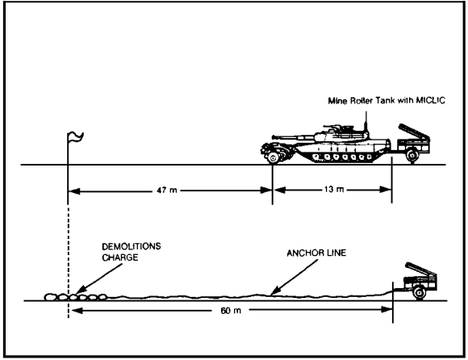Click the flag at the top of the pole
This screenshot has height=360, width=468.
[x=76, y=137]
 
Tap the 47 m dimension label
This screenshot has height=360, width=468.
[x=167, y=190]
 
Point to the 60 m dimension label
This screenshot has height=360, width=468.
[x=231, y=311]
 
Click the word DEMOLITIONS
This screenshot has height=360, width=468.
[x=132, y=246]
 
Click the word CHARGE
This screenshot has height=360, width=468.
[x=120, y=257]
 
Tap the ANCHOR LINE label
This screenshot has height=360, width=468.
[x=316, y=253]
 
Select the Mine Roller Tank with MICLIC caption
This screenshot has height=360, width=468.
[x=387, y=101]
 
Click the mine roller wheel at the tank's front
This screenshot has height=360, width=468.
[x=273, y=157]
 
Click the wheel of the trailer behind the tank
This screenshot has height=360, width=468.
[x=412, y=155]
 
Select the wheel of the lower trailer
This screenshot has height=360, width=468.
[x=419, y=293]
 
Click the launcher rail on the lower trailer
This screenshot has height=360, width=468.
[x=421, y=269]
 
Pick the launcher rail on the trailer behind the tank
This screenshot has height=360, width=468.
[x=414, y=131]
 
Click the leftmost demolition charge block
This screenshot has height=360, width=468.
[x=51, y=297]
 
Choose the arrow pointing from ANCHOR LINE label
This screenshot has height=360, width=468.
[x=295, y=277]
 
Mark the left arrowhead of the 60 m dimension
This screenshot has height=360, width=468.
[x=77, y=311]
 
